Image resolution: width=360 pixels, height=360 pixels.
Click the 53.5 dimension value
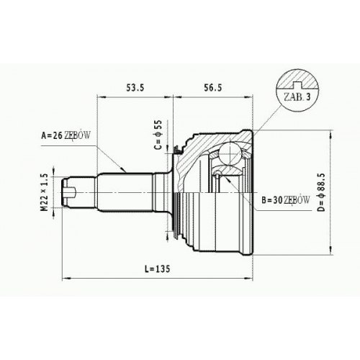(135, 88)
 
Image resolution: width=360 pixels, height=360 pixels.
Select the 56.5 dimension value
(213, 88)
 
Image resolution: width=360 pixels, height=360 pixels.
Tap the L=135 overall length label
(157, 269)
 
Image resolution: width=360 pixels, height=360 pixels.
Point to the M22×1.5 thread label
(45, 193)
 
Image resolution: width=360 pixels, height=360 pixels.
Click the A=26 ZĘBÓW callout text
(66, 135)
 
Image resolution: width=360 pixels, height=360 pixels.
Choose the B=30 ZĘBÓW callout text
(286, 200)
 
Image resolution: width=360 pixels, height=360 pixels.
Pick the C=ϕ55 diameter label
(158, 135)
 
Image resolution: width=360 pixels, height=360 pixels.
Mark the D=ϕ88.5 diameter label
(322, 192)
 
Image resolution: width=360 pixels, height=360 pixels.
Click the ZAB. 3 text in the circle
(297, 97)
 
